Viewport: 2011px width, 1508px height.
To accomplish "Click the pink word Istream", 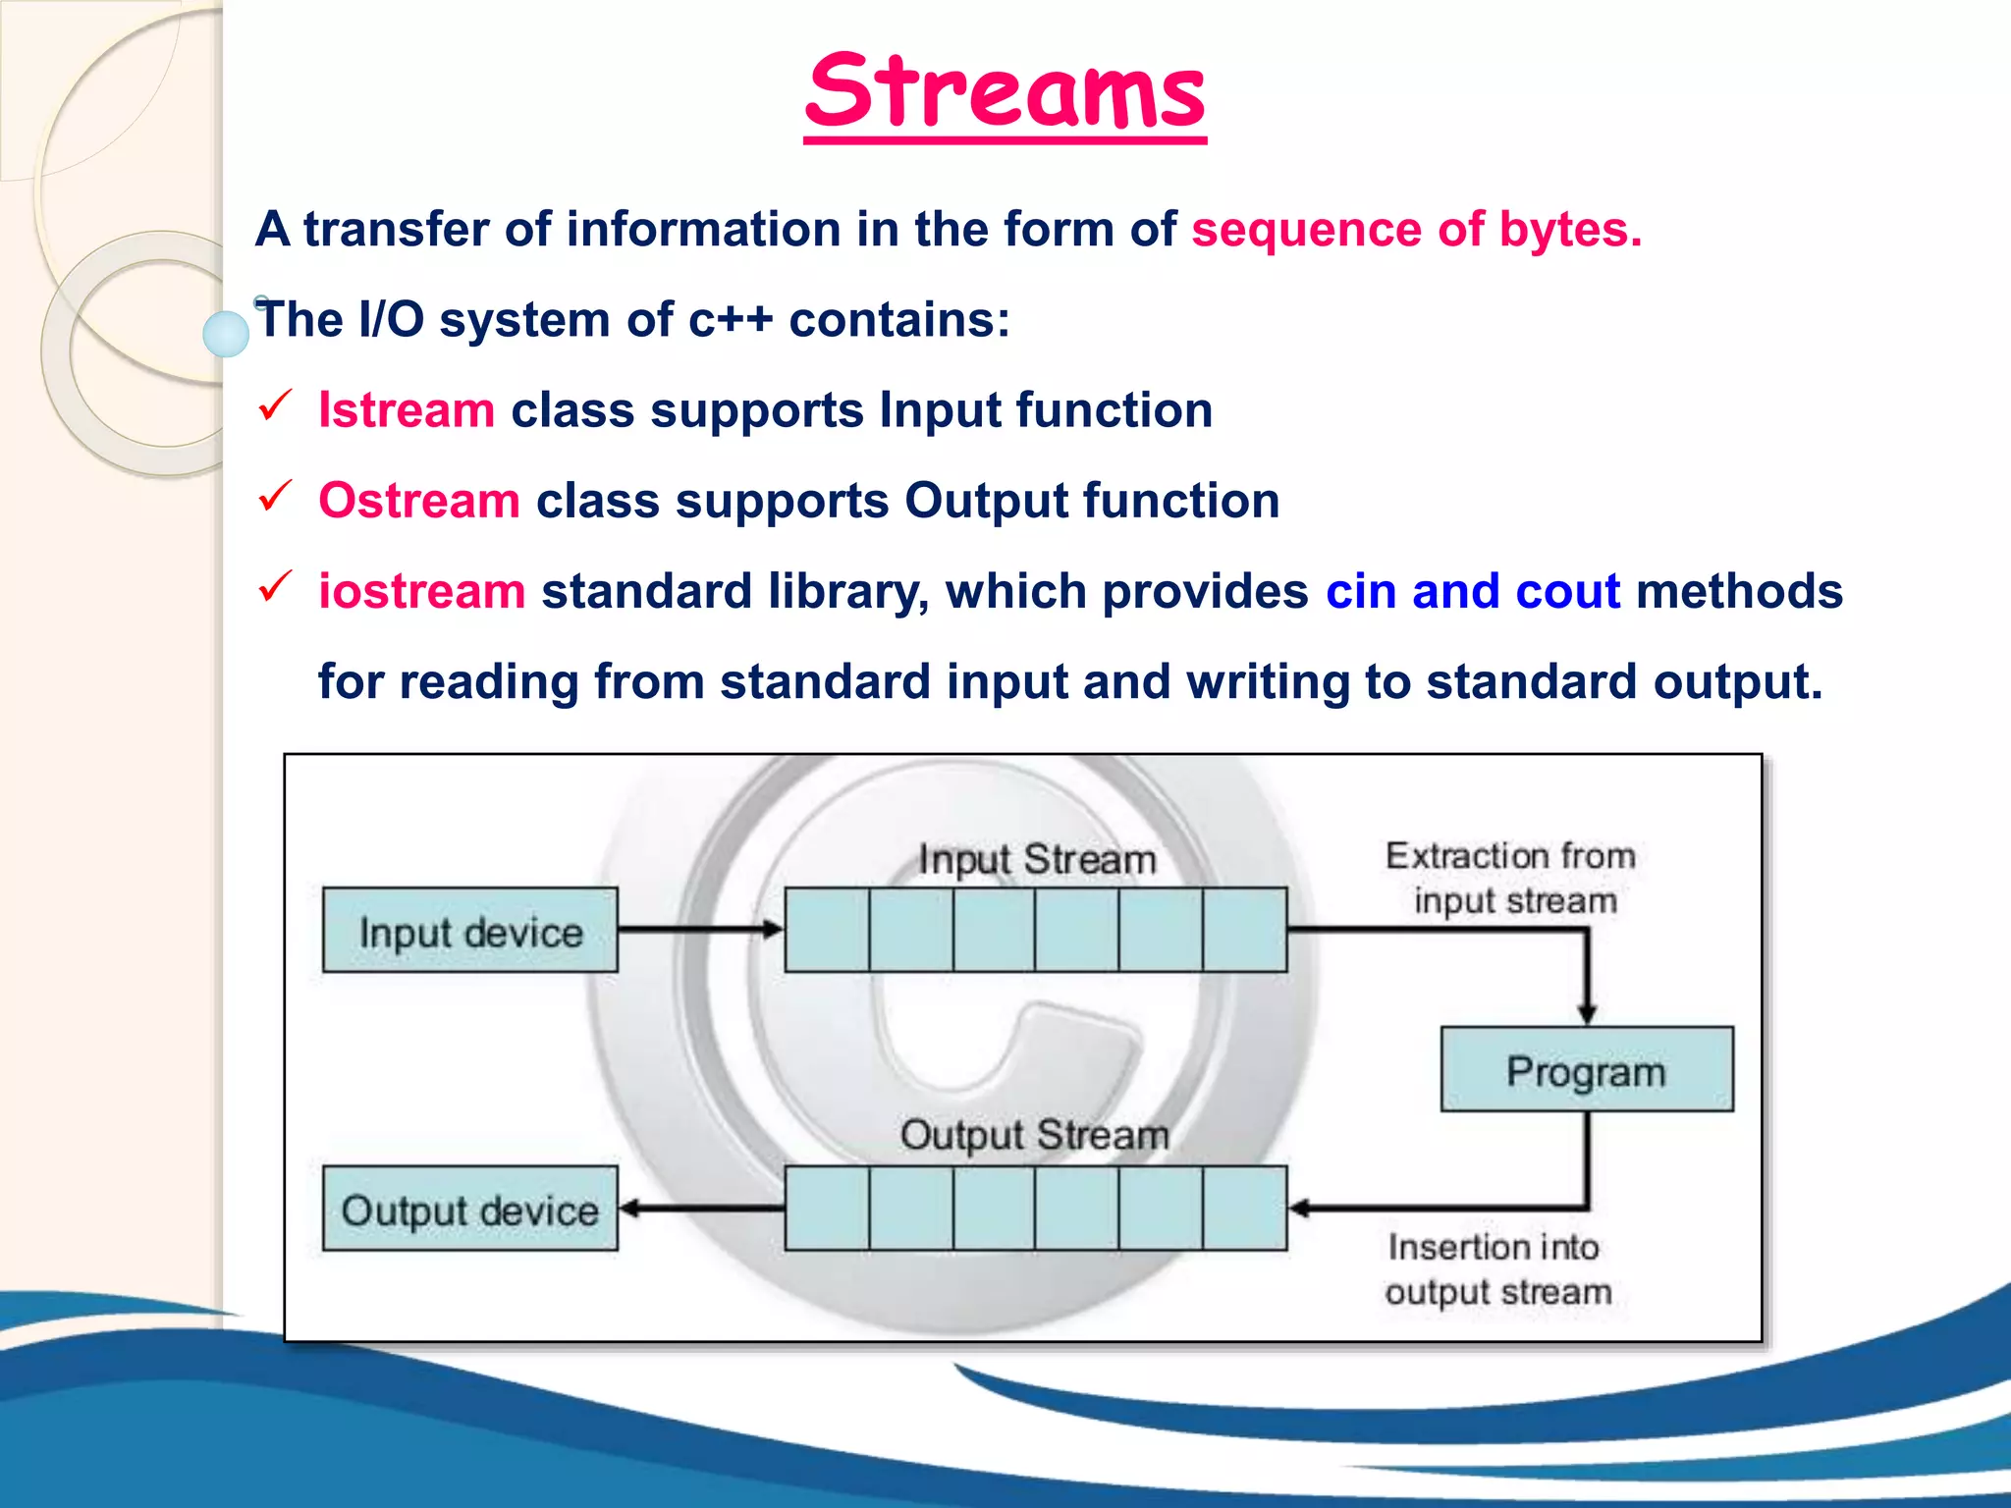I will pos(407,410).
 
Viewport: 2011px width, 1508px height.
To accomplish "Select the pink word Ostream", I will pos(419,501).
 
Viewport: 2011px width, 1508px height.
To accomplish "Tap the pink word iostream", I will pos(422,591).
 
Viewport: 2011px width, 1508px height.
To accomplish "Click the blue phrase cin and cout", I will pos(1472,591).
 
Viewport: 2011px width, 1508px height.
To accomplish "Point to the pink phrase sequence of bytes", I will pos(1416,230).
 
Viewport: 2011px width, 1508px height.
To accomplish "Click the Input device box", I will pos(470,931).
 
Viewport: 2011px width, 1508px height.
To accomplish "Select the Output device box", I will pos(470,1209).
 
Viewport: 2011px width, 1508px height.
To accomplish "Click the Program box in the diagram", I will pos(1586,1070).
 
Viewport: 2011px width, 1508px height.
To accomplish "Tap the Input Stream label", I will pos(1037,860).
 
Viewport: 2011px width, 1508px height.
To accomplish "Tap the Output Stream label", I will pos(1035,1136).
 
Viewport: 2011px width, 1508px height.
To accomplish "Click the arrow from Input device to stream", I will pos(699,929).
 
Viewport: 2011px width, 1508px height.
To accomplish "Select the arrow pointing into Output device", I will pos(699,1209).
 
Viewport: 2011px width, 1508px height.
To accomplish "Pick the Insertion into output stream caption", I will pos(1497,1269).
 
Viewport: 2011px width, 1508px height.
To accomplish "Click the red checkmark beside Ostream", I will pos(275,495).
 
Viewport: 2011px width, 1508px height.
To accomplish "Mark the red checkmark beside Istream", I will pos(275,404).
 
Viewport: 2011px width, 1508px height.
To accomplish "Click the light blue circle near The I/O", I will pos(226,334).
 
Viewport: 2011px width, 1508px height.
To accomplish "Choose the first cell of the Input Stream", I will pos(827,930).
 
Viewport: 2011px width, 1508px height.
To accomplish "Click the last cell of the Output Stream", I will pos(1244,1209).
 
